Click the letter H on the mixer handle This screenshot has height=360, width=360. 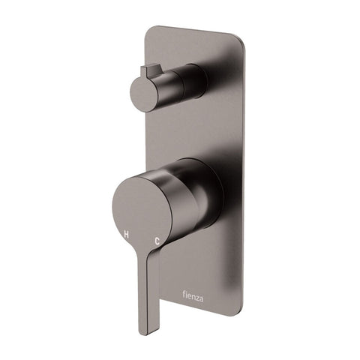click(x=125, y=235)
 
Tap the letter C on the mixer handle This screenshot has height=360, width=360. click(x=157, y=241)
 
